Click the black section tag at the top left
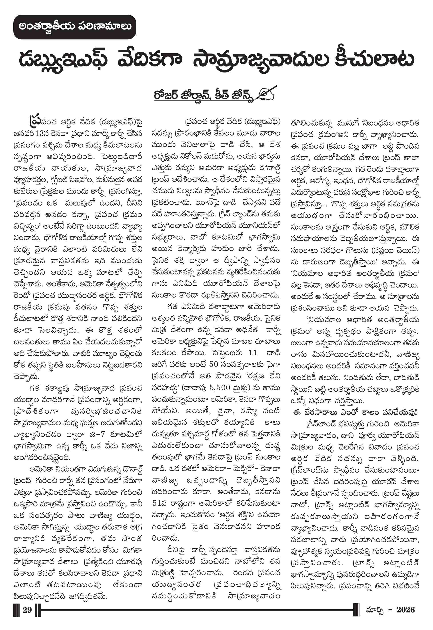[74, 27]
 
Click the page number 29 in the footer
[27, 610]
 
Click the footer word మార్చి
[375, 610]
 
